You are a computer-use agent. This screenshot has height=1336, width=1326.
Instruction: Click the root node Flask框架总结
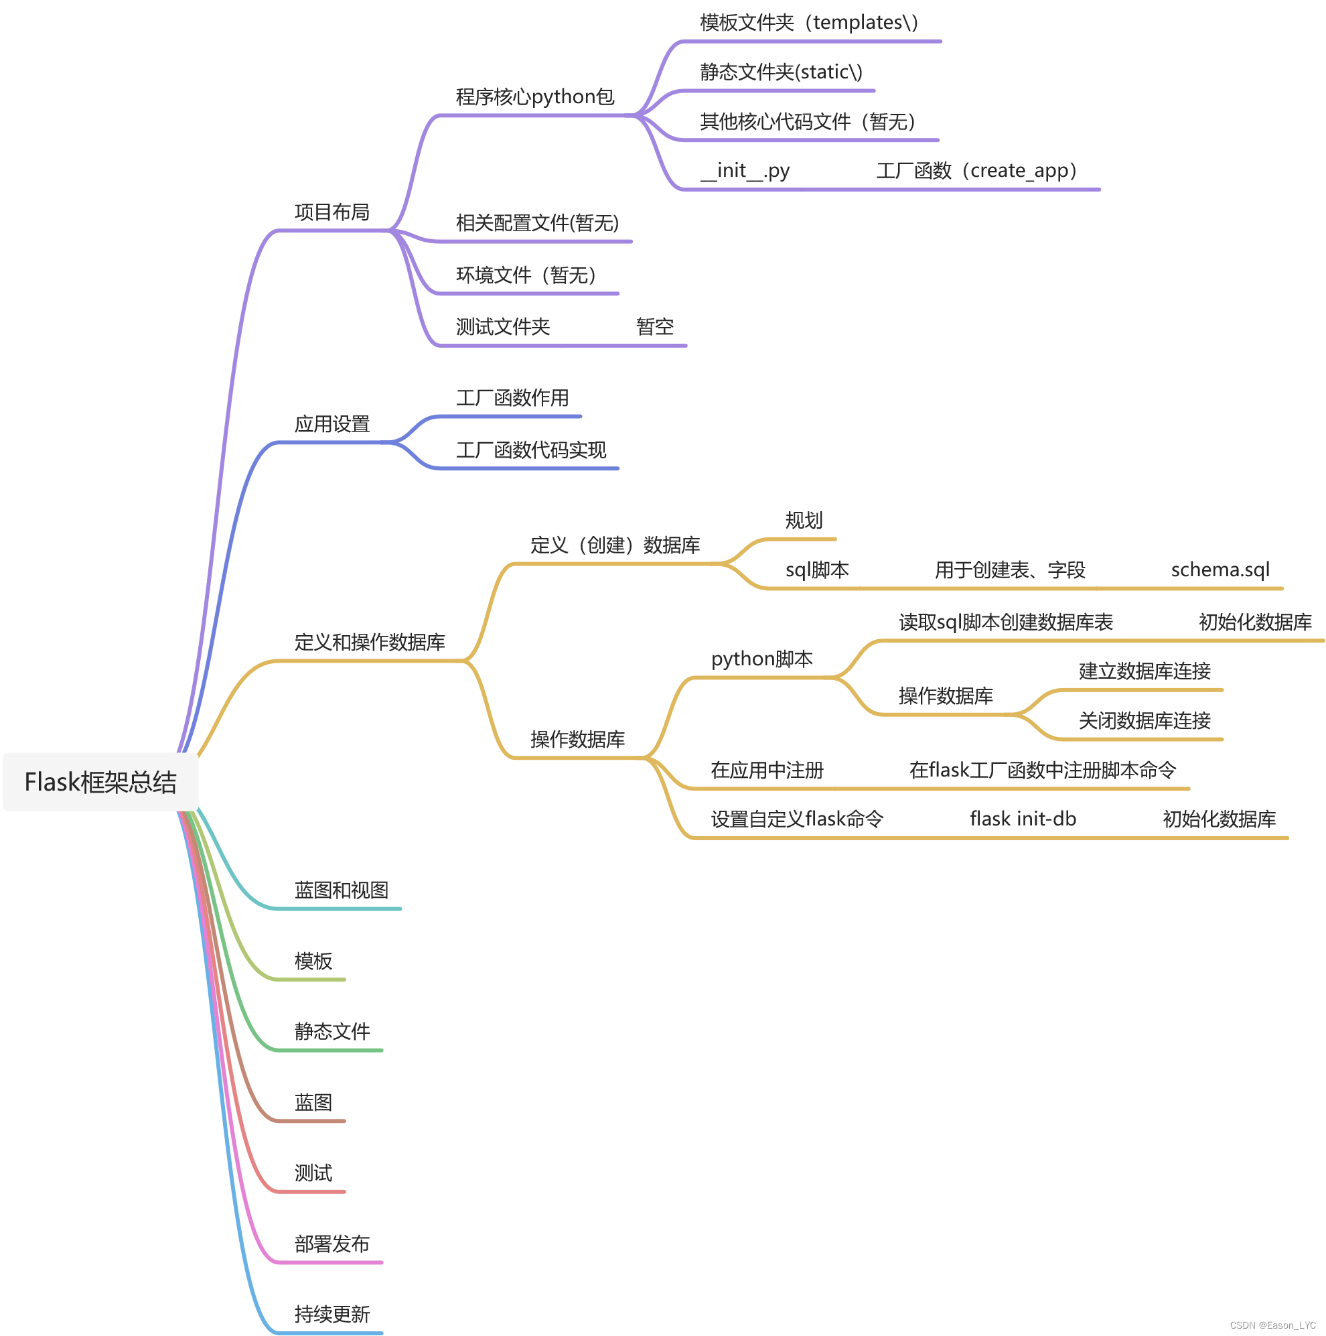tap(100, 782)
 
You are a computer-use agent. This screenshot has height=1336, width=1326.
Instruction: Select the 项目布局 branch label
tap(332, 212)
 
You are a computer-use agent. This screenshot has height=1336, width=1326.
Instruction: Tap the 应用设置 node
tap(332, 424)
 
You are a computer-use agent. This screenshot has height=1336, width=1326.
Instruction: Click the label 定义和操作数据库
tap(370, 643)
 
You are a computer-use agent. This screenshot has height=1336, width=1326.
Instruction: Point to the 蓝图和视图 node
tap(342, 890)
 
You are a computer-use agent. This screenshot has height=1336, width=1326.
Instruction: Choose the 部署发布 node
tap(332, 1244)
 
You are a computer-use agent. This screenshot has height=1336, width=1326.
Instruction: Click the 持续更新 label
tap(332, 1314)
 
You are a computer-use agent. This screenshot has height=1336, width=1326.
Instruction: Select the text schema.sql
tap(1220, 570)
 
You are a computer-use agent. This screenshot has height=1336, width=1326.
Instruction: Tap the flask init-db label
tap(1023, 819)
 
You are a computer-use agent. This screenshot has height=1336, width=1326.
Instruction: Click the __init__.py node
tap(745, 170)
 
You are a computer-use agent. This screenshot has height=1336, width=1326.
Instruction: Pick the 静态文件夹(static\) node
tap(782, 72)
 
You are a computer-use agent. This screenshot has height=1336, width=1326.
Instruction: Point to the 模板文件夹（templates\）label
tap(809, 23)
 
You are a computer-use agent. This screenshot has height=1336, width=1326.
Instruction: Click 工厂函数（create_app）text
tap(976, 170)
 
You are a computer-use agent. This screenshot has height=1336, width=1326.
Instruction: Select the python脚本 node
tap(762, 659)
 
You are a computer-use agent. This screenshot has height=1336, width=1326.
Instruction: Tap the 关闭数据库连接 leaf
tap(1145, 720)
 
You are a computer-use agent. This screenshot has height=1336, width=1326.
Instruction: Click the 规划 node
tap(804, 520)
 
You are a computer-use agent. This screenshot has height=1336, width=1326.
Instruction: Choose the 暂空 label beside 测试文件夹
tap(655, 326)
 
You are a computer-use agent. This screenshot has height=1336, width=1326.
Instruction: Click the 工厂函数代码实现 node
tap(531, 450)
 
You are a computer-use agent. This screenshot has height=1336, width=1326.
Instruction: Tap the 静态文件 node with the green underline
tap(332, 1031)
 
